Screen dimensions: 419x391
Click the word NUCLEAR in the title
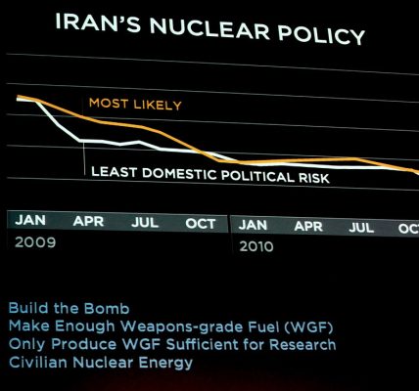pyautogui.click(x=209, y=27)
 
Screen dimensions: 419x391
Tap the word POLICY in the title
pyautogui.click(x=321, y=34)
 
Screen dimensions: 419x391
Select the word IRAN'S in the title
pyautogui.click(x=98, y=22)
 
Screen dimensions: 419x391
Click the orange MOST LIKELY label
pyautogui.click(x=135, y=104)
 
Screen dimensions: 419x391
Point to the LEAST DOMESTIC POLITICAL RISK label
pyautogui.click(x=210, y=175)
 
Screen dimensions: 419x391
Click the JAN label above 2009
pyautogui.click(x=30, y=220)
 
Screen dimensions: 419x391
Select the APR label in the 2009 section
pyautogui.click(x=88, y=221)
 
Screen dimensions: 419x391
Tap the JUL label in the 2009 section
pyautogui.click(x=145, y=222)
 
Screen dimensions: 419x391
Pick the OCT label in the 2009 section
pyautogui.click(x=201, y=224)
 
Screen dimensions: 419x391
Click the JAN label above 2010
pyautogui.click(x=253, y=225)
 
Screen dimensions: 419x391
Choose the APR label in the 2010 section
pyautogui.click(x=308, y=226)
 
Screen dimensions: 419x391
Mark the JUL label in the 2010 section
pyautogui.click(x=361, y=228)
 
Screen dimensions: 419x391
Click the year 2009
pyautogui.click(x=35, y=242)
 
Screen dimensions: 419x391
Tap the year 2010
pyautogui.click(x=256, y=246)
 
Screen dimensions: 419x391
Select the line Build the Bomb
pyautogui.click(x=69, y=308)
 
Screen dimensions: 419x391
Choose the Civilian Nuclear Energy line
pyautogui.click(x=101, y=363)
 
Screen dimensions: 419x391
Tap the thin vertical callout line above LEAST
pyautogui.click(x=84, y=158)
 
